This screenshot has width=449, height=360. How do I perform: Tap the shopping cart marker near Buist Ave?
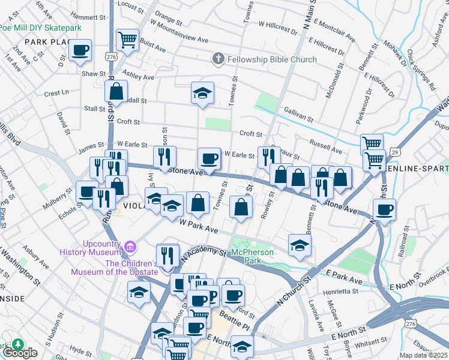(x=127, y=40)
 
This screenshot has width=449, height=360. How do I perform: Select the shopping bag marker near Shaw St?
(x=116, y=91)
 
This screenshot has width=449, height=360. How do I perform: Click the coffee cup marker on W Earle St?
(x=209, y=158)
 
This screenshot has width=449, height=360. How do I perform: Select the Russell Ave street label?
(x=326, y=143)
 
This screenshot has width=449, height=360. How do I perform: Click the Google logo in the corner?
(x=20, y=353)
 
